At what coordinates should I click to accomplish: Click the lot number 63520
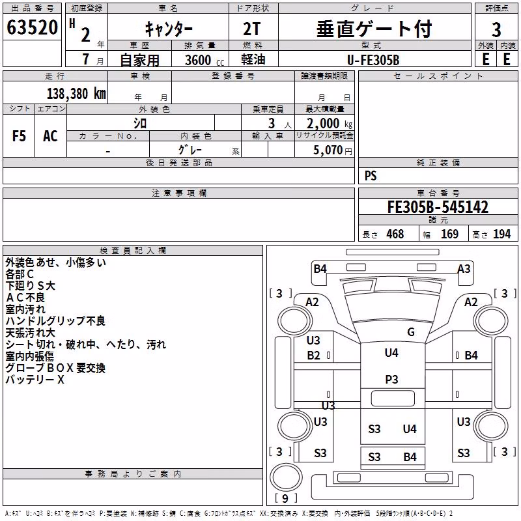32,27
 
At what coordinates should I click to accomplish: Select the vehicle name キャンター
169,29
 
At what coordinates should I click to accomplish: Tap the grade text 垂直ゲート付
374,29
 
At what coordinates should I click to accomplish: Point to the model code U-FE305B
373,60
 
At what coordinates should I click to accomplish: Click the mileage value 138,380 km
76,94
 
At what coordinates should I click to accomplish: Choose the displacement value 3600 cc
204,61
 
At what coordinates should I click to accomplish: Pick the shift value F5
19,136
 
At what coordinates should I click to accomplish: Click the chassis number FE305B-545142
438,207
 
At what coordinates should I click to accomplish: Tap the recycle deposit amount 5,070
328,150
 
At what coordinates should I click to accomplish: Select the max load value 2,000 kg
330,123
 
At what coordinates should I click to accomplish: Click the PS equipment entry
371,175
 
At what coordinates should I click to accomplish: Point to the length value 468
395,234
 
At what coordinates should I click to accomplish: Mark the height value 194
501,234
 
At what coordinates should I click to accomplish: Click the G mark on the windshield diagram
411,331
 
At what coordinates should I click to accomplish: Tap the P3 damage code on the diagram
391,379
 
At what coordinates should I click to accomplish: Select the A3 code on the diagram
464,268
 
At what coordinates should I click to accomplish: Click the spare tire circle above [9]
286,477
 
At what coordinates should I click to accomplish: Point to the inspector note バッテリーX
35,380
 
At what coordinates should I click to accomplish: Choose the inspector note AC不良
25,298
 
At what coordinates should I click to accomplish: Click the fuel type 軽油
253,60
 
